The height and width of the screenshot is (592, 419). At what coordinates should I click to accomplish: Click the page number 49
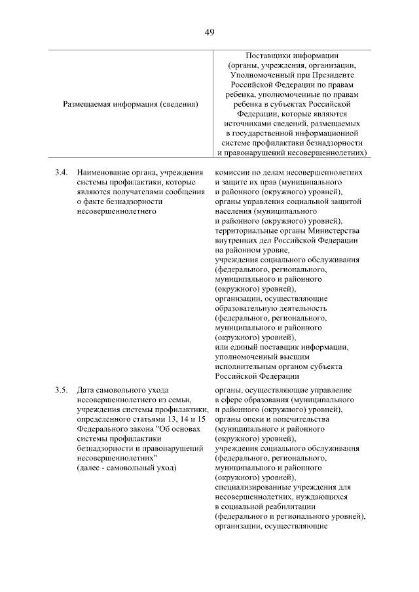tap(209, 32)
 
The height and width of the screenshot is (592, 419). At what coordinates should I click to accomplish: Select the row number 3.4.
tap(62, 172)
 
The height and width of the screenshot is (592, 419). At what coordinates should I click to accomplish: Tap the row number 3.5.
tap(62, 391)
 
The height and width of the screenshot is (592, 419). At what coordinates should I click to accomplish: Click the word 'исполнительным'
tap(245, 367)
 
